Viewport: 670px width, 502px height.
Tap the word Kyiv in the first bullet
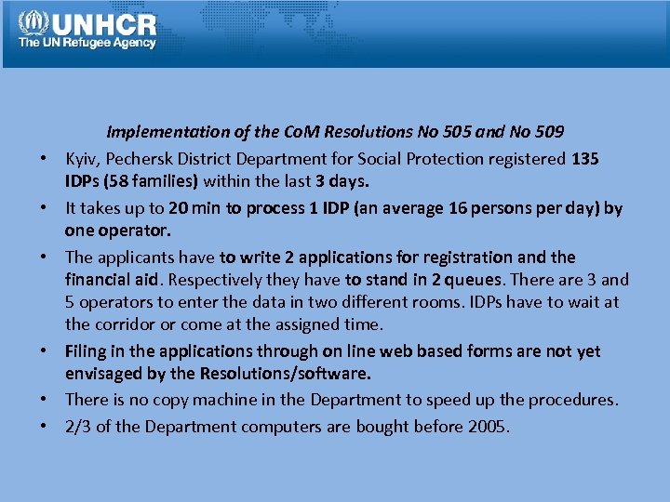(82, 159)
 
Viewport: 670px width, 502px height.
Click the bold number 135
(584, 159)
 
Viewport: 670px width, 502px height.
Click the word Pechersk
(141, 159)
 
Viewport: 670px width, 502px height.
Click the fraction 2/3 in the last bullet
(77, 427)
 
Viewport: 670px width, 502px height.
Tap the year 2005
(489, 427)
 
